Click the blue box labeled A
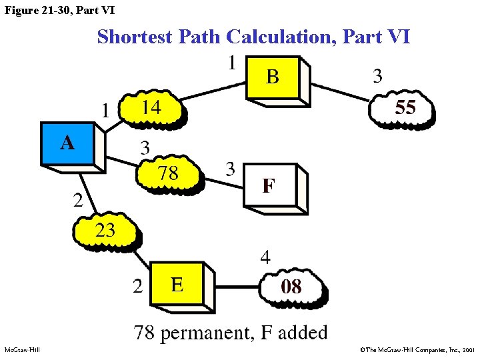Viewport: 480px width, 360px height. pyautogui.click(x=68, y=144)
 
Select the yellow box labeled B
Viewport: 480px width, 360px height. pyautogui.click(x=273, y=77)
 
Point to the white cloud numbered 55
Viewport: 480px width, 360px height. pyautogui.click(x=404, y=108)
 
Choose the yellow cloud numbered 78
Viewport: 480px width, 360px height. pyautogui.click(x=168, y=174)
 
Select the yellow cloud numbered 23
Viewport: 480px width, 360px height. pyautogui.click(x=105, y=231)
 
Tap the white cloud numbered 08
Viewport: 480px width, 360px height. pyautogui.click(x=292, y=288)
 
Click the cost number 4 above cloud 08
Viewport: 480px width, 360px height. pyautogui.click(x=265, y=258)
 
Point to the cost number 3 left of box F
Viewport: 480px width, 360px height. pyautogui.click(x=230, y=169)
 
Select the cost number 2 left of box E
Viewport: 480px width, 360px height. pyautogui.click(x=137, y=287)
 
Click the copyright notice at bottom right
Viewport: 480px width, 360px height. pyautogui.click(x=417, y=349)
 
